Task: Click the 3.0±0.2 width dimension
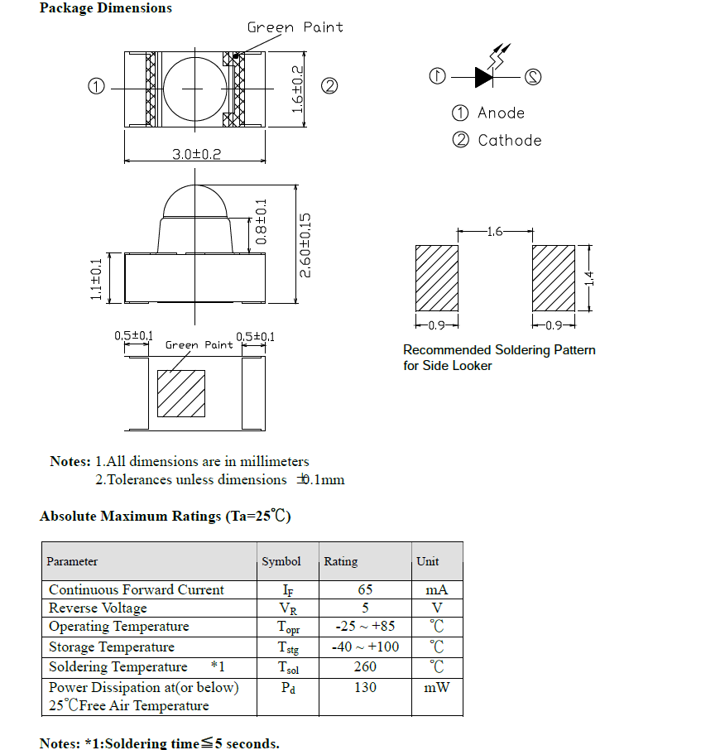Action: [x=196, y=154]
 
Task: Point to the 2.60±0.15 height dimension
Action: [x=305, y=244]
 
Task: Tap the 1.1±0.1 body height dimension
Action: [x=96, y=279]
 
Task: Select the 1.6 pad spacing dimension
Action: [x=495, y=232]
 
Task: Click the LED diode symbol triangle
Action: [x=484, y=77]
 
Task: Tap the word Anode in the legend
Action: [x=501, y=113]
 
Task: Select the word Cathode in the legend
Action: [x=509, y=141]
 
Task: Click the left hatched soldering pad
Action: [x=436, y=278]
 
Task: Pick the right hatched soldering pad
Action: [x=553, y=278]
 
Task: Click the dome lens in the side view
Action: [x=195, y=201]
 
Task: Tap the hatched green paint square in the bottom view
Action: [x=181, y=393]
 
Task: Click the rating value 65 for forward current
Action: [x=365, y=590]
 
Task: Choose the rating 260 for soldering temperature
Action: [x=365, y=667]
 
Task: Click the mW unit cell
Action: [x=436, y=688]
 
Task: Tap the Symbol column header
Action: [x=281, y=561]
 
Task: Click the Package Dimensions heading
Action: [x=106, y=8]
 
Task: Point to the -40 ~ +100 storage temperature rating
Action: [x=365, y=647]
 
